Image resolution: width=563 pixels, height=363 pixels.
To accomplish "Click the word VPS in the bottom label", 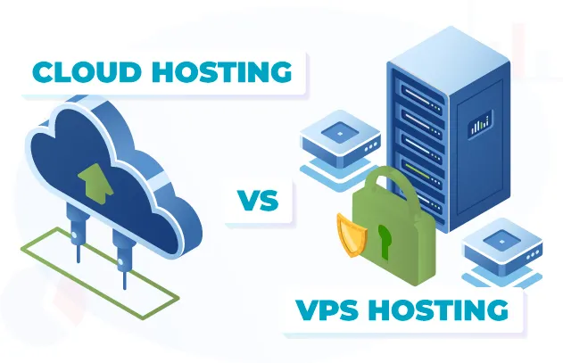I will pos(330,312).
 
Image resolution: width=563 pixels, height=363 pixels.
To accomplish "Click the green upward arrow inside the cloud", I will pos(92,177).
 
